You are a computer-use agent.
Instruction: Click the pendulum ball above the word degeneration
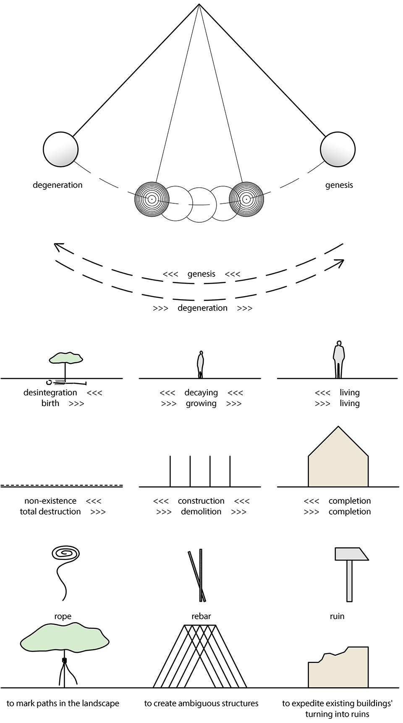60,149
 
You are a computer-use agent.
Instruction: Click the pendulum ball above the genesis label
338,149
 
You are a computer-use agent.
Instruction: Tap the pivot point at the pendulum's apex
199,4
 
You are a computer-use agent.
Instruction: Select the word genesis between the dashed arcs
201,274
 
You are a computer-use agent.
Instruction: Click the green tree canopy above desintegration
66,358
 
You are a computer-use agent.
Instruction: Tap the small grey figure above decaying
201,365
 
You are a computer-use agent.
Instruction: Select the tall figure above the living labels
339,359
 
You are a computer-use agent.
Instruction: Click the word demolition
201,512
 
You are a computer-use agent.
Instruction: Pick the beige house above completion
338,457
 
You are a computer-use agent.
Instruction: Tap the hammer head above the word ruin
351,554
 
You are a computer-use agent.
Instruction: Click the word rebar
201,616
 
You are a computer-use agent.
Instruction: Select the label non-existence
50,501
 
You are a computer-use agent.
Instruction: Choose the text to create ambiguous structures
201,704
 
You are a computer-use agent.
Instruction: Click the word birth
50,403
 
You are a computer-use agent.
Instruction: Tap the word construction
201,501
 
